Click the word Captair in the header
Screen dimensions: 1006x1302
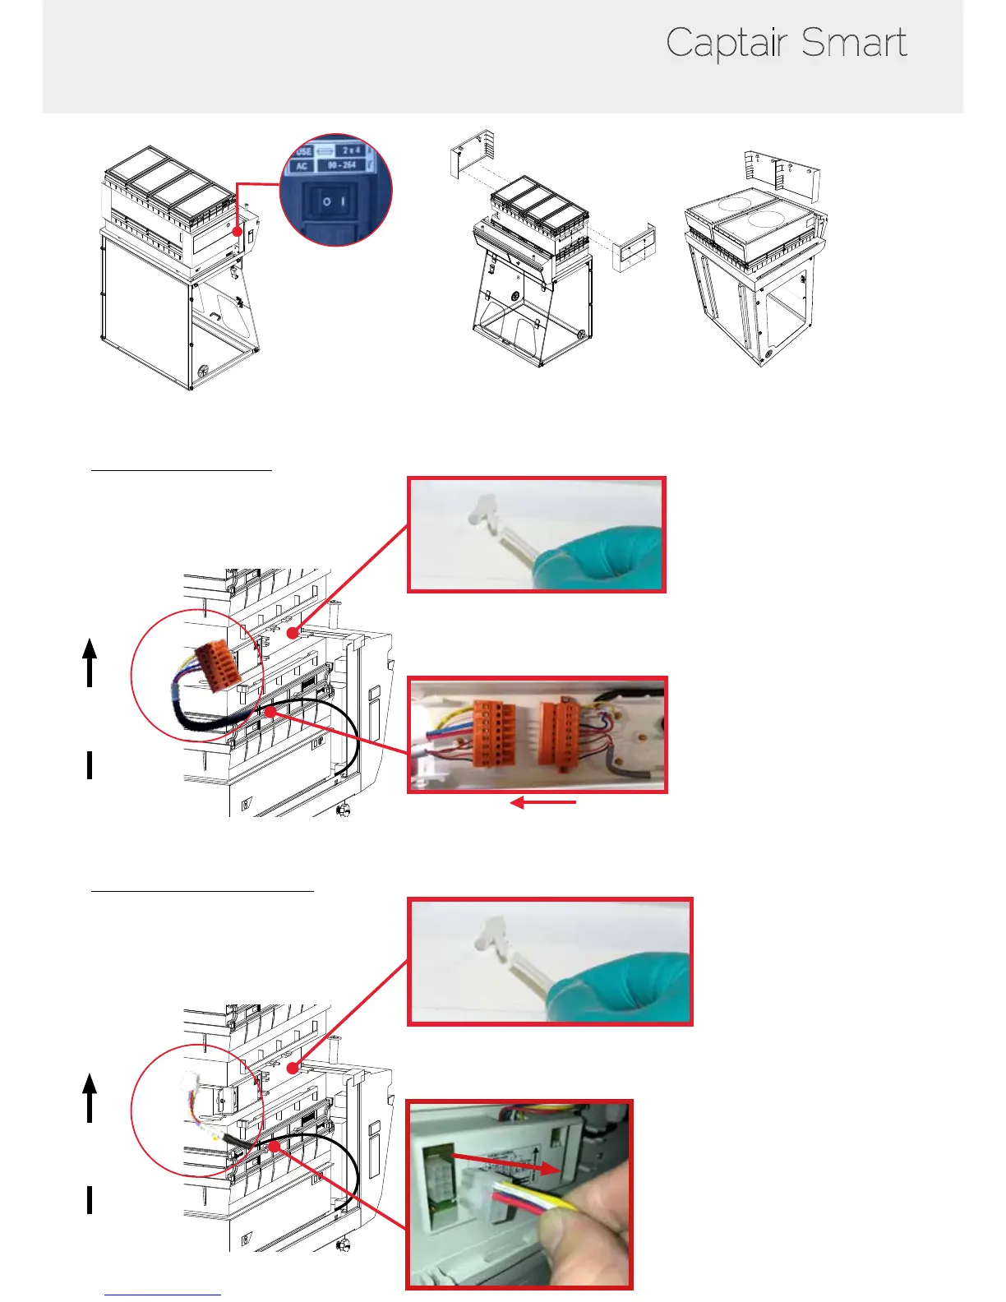coord(727,43)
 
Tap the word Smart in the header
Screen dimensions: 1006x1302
coord(854,43)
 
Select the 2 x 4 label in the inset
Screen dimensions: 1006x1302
coord(351,150)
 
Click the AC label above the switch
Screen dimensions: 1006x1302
coord(302,166)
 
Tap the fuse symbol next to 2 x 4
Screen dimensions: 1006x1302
coord(325,151)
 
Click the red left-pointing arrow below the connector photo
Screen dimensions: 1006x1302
coord(542,803)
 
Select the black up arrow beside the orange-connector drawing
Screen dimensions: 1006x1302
coord(90,663)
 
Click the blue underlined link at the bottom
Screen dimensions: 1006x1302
coord(163,1295)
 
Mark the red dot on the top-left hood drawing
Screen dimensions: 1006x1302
coord(237,233)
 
